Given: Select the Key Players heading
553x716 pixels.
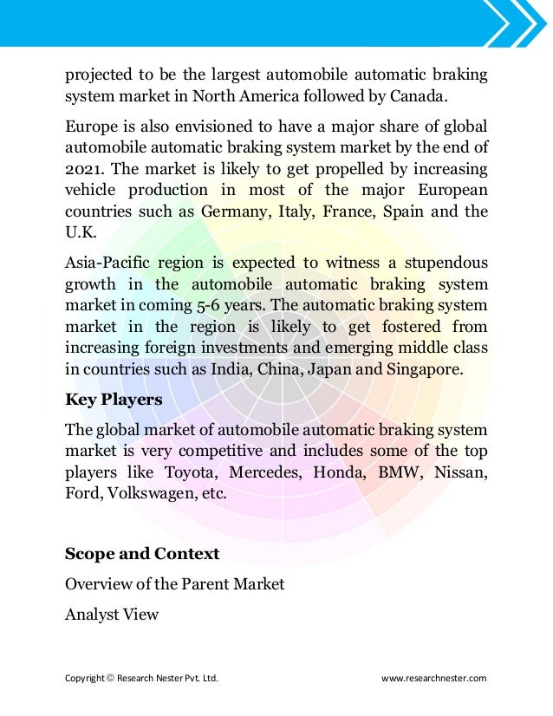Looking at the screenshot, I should (x=114, y=400).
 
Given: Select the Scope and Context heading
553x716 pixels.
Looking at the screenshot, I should (x=142, y=553).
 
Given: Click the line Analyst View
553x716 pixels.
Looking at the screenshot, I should (x=112, y=615).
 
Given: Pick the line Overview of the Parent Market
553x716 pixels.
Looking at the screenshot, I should (x=175, y=584).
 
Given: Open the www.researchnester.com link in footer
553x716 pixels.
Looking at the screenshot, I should (x=434, y=678).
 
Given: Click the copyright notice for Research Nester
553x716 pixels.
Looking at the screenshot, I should (x=141, y=678).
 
